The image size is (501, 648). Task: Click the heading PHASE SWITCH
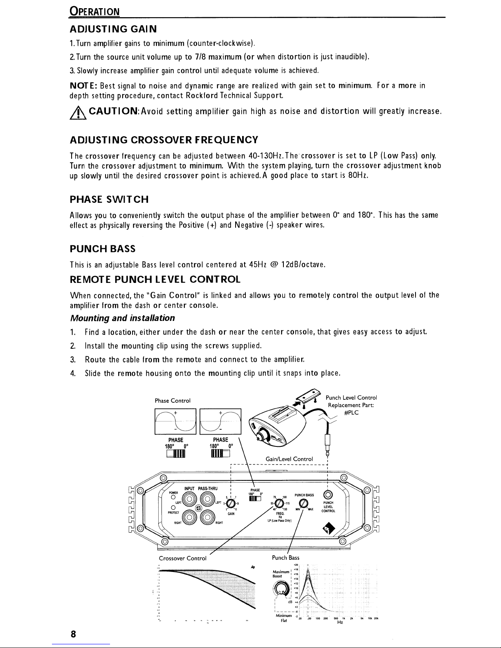click(109, 200)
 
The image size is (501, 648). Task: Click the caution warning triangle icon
click(76, 112)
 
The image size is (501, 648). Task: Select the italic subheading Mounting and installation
click(123, 318)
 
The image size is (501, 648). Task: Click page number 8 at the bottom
click(73, 634)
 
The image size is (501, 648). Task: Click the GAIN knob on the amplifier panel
click(231, 503)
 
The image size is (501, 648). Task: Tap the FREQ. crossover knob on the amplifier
click(280, 503)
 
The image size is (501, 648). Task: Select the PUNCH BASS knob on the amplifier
click(303, 503)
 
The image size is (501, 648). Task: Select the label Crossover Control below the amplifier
click(182, 558)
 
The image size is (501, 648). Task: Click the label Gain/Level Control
click(289, 459)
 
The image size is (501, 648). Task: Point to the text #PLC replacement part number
click(351, 413)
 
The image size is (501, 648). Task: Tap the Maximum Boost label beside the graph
click(282, 573)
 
